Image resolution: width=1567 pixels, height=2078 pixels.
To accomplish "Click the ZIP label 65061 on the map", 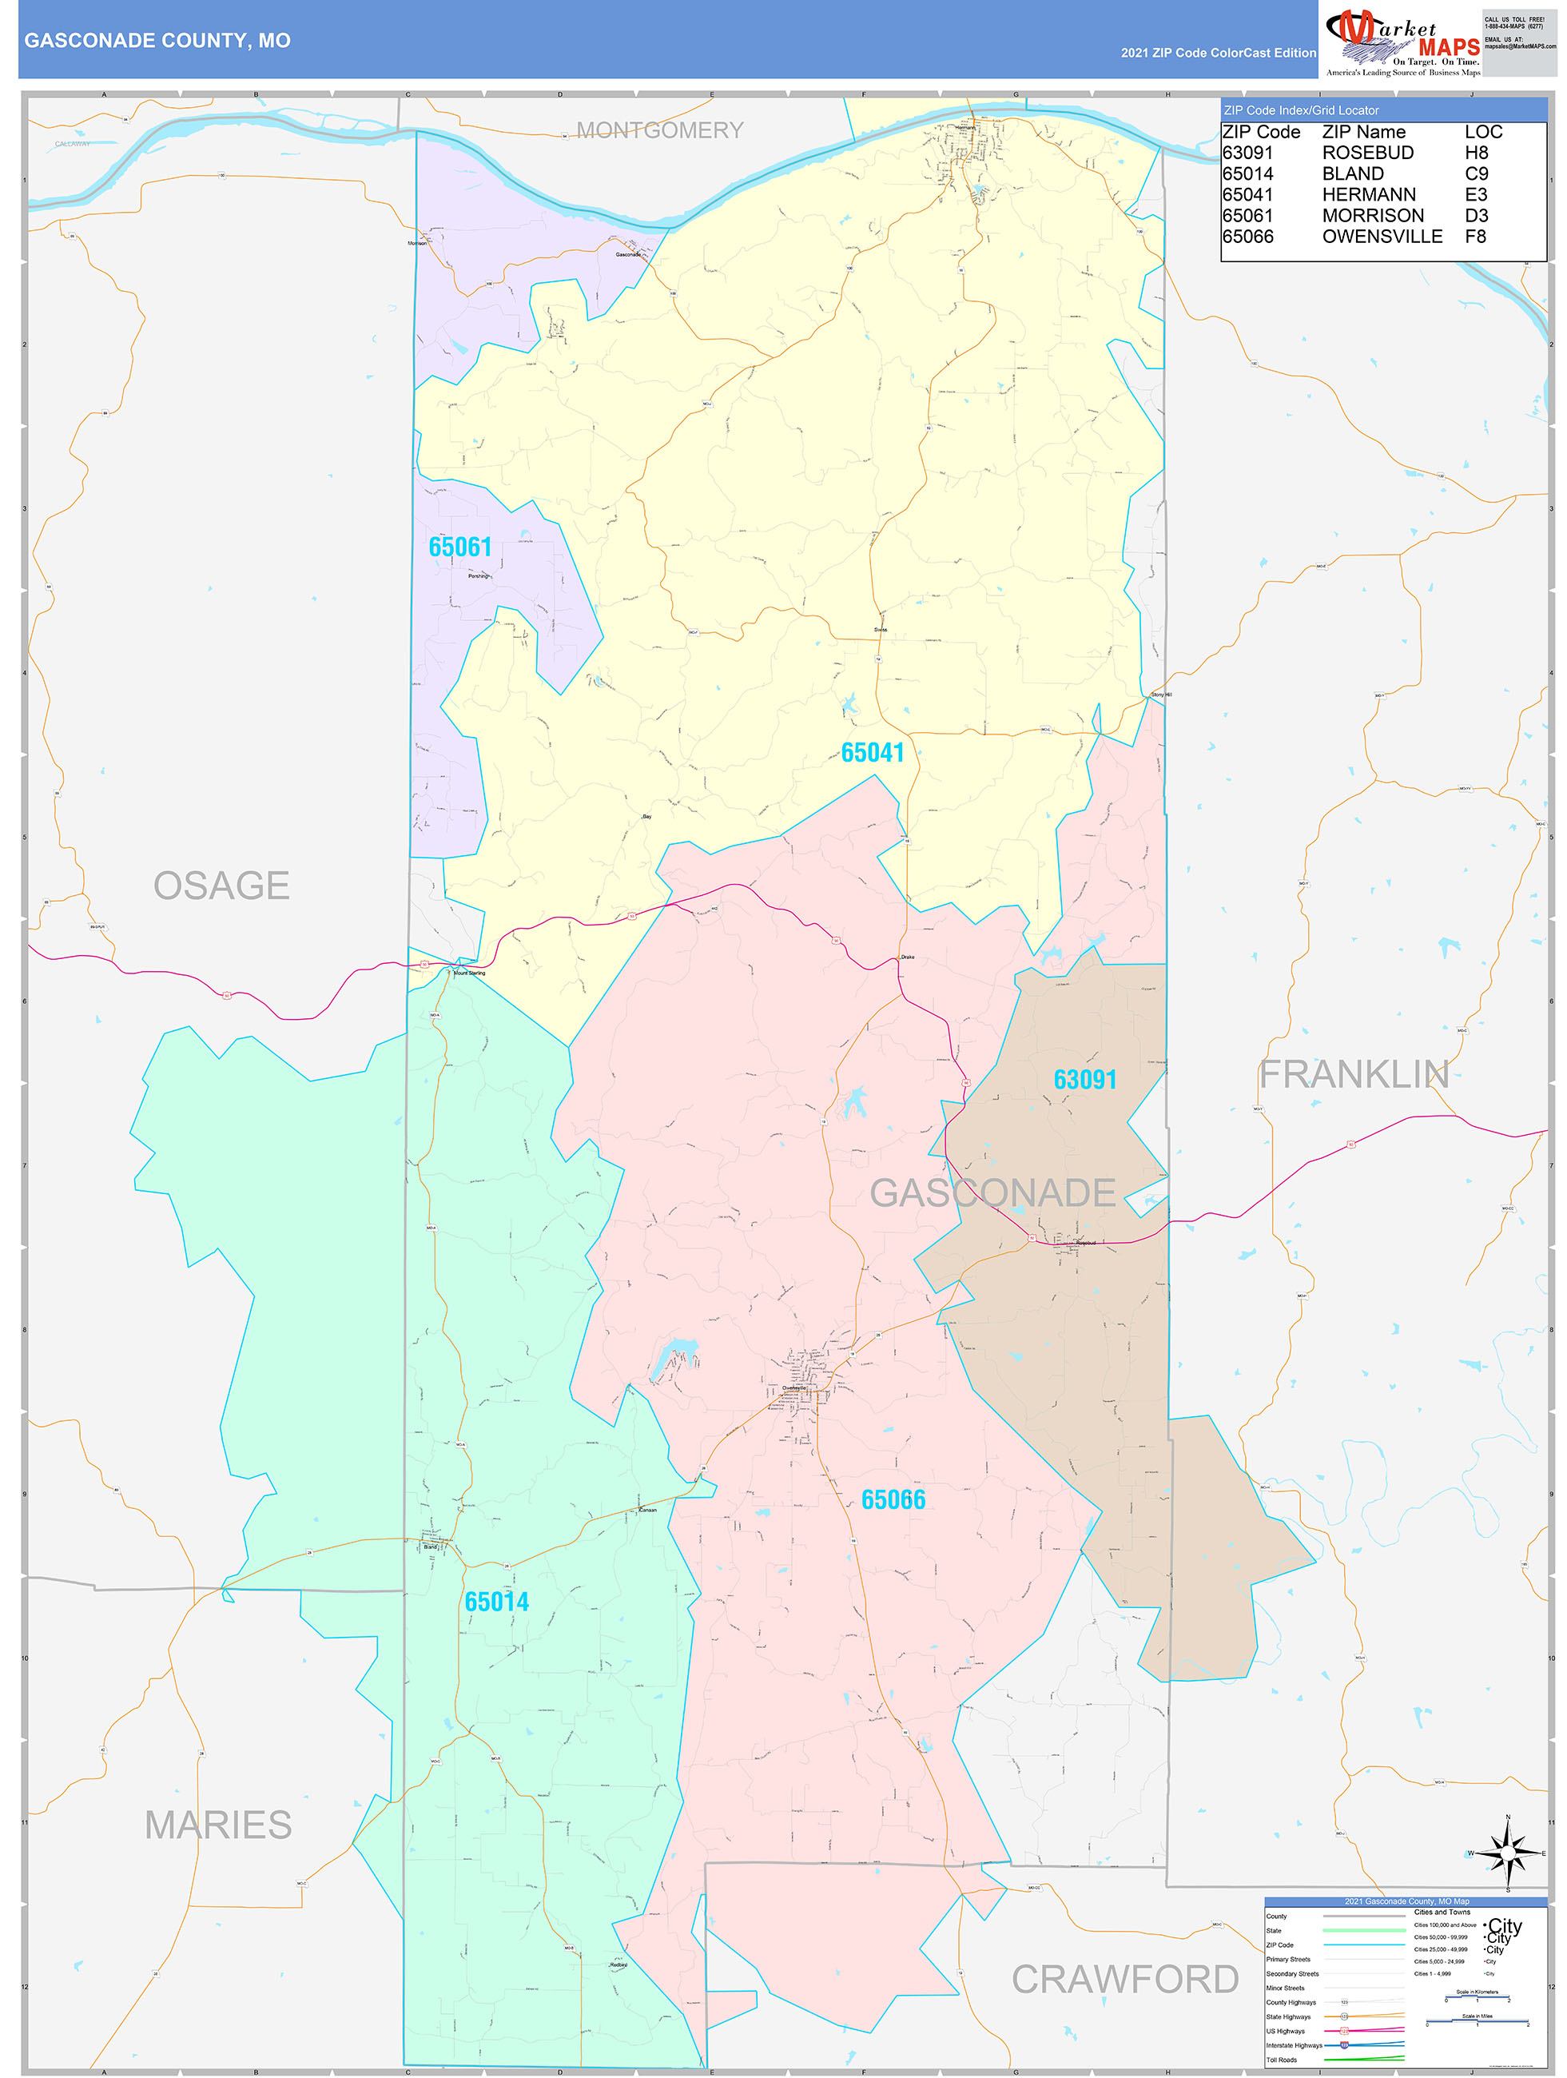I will point(460,547).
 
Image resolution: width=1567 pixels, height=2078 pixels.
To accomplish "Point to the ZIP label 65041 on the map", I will point(872,753).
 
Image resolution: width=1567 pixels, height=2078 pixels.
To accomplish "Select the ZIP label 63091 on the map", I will point(1085,1080).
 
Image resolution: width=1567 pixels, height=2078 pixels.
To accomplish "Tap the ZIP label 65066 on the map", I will point(893,1499).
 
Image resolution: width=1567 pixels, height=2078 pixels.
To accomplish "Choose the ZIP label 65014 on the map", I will point(497,1602).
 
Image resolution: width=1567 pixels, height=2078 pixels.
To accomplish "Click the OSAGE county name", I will point(221,886).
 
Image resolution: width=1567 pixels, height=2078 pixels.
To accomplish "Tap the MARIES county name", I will point(218,1825).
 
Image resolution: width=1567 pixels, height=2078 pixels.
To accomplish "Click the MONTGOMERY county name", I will point(659,130).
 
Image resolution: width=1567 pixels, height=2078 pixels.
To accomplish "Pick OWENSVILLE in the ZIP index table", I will point(1382,237).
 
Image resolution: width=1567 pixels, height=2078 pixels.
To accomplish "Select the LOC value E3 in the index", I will point(1476,194).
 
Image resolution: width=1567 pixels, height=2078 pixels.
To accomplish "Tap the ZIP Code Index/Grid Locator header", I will point(1301,110).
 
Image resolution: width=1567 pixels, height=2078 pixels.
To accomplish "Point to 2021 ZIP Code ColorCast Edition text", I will point(1218,53).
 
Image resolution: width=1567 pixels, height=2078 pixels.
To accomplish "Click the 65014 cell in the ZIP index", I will point(1247,173).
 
